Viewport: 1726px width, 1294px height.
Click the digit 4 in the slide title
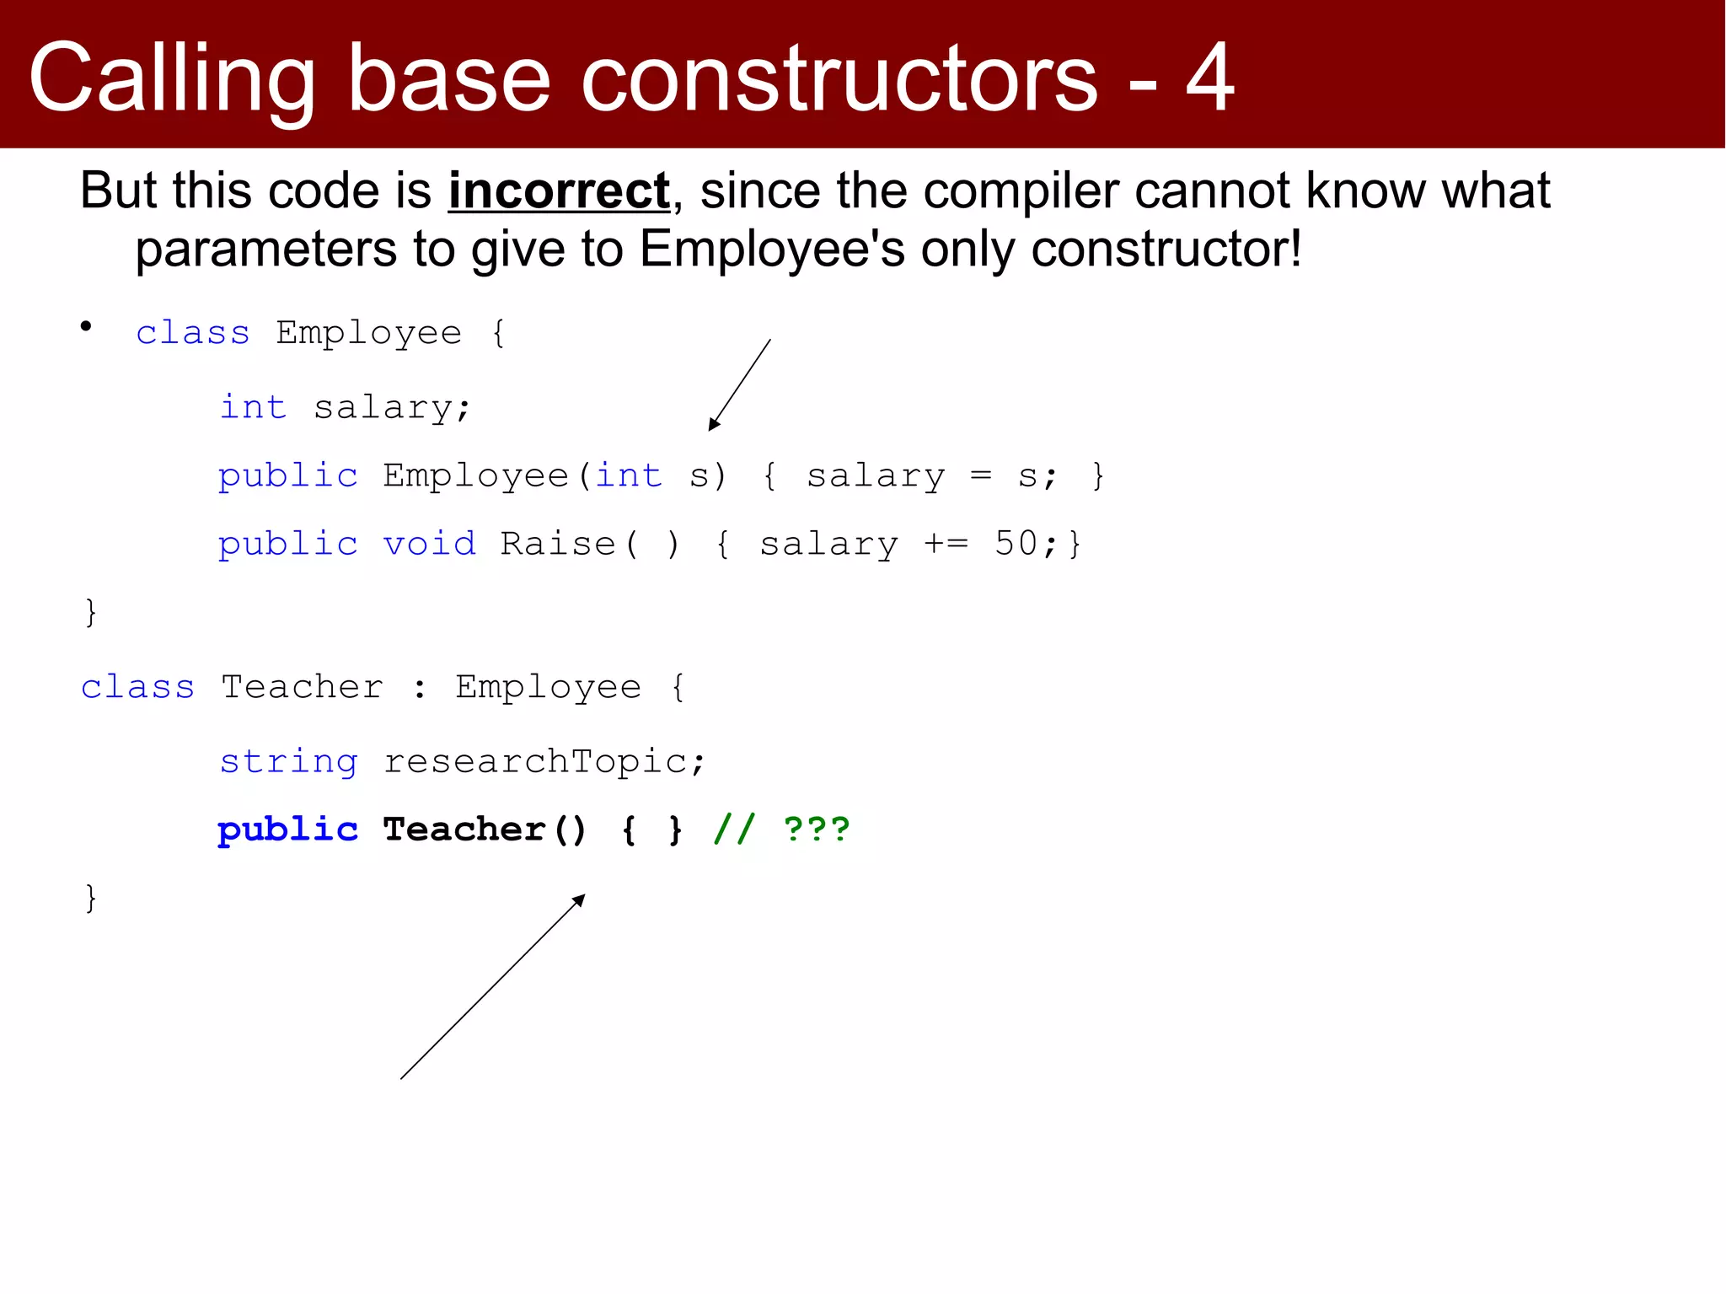(x=1210, y=78)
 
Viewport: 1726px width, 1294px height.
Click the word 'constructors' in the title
(x=839, y=79)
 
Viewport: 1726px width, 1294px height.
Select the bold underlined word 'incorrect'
(x=559, y=191)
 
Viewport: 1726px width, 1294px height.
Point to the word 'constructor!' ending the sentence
(x=1166, y=250)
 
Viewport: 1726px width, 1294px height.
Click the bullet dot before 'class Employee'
(x=86, y=326)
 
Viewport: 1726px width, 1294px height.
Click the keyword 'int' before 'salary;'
(x=253, y=407)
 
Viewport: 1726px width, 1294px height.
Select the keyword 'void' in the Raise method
(x=429, y=544)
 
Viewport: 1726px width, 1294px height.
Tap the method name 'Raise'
(x=558, y=544)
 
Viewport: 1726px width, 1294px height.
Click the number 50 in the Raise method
(x=1016, y=544)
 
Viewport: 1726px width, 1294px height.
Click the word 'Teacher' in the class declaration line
(x=302, y=687)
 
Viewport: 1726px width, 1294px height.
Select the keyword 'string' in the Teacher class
(x=288, y=762)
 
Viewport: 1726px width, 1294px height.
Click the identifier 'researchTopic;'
(x=544, y=762)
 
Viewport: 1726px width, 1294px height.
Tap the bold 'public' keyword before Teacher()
(x=287, y=830)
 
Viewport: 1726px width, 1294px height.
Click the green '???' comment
(x=816, y=830)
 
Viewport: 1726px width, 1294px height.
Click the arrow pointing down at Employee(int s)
(x=739, y=385)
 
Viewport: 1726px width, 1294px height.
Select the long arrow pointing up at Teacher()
(x=492, y=987)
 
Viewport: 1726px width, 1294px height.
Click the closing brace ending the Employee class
(x=91, y=612)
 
